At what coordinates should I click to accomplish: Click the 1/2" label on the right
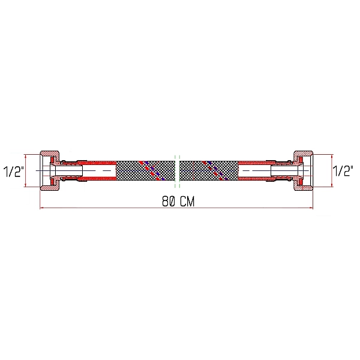[343, 172]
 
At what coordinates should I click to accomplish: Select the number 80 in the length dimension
[169, 202]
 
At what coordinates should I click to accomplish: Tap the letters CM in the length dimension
[187, 202]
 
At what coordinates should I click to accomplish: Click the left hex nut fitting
[49, 170]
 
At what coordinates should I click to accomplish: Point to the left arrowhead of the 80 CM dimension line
[42, 208]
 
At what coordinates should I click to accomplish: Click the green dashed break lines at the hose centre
[177, 170]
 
